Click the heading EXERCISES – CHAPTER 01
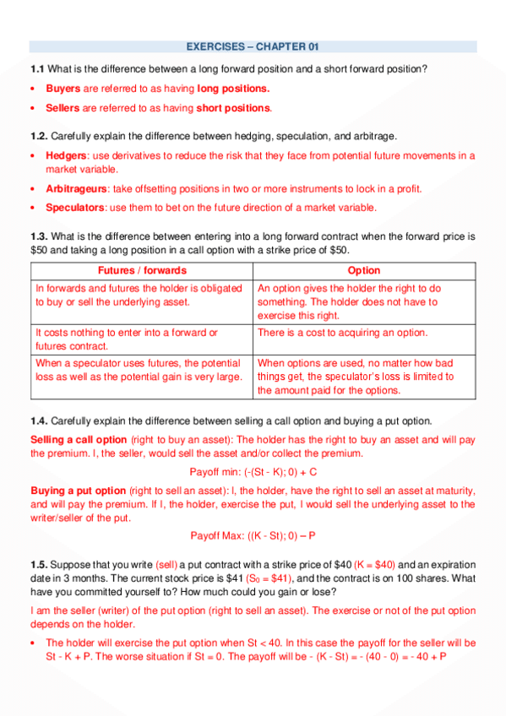[x=253, y=46]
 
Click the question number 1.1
[x=37, y=68]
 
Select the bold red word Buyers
[x=63, y=88]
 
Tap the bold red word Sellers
[x=63, y=108]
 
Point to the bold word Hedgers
[x=67, y=155]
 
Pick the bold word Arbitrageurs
[x=77, y=188]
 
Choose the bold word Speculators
[x=75, y=208]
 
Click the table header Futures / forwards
[x=142, y=271]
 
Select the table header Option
[x=364, y=271]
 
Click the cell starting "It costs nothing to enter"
[x=127, y=339]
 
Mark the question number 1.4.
[x=39, y=420]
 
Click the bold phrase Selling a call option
[x=79, y=440]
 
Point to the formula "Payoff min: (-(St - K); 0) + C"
[x=253, y=472]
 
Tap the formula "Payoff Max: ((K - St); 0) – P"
[x=253, y=535]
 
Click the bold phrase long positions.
[x=233, y=88]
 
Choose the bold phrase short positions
[x=234, y=108]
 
